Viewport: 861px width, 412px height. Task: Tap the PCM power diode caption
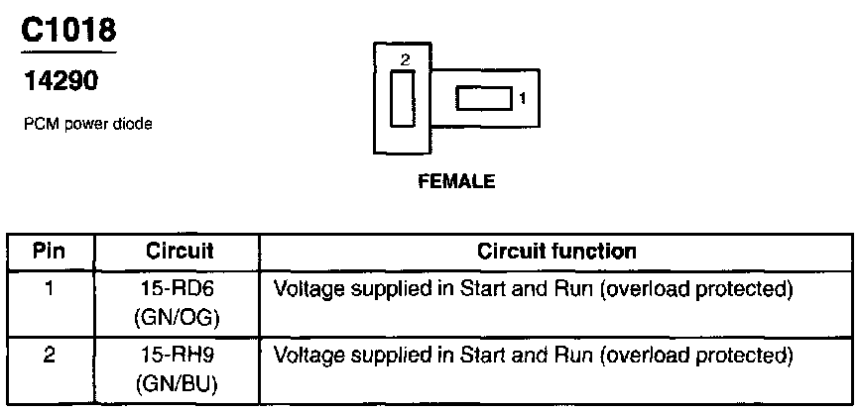point(87,126)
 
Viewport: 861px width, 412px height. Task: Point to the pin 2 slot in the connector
point(402,99)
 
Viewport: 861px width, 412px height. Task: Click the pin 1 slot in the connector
point(481,98)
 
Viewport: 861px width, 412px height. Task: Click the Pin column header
point(50,251)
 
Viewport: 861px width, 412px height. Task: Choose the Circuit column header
point(180,251)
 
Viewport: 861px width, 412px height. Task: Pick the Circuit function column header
point(556,251)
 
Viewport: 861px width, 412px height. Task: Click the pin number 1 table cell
point(50,290)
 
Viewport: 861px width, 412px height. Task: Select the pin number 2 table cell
point(50,355)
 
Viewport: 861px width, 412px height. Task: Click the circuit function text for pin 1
point(534,290)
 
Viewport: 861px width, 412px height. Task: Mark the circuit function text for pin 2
point(534,355)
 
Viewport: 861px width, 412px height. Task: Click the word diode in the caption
point(134,126)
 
